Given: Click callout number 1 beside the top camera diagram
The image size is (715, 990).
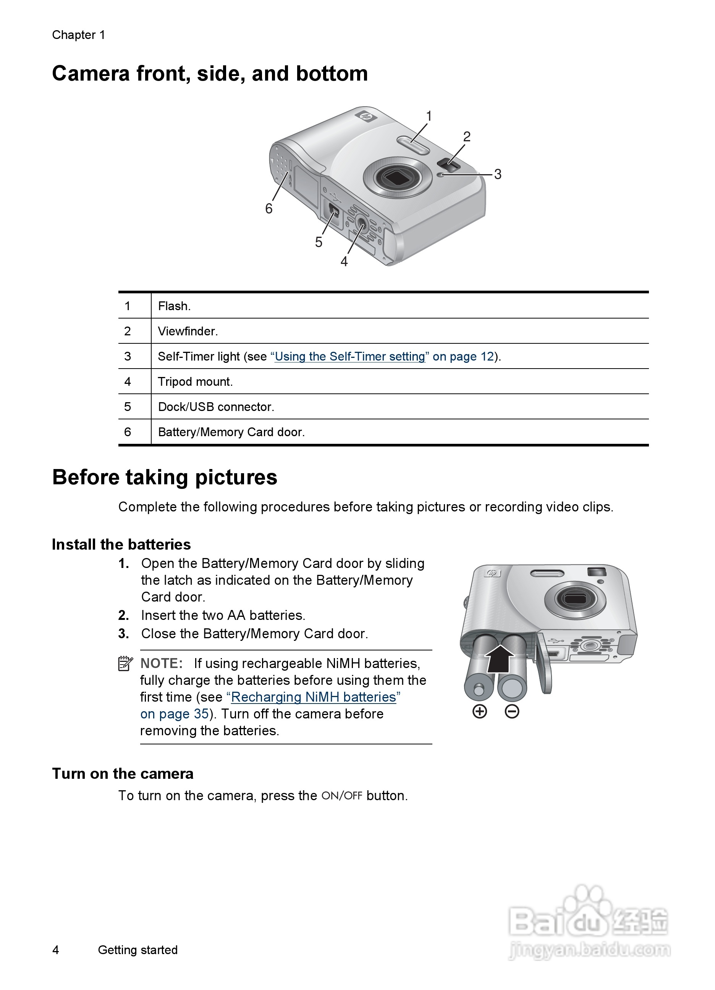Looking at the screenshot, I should (429, 116).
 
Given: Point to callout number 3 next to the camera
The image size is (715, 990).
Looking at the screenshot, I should (498, 174).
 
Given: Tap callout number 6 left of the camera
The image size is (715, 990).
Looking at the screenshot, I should (269, 209).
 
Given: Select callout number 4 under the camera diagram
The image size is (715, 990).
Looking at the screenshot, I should (344, 262).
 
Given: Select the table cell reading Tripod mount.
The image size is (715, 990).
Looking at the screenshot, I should (195, 382).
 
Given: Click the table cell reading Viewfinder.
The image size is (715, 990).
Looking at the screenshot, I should (188, 331).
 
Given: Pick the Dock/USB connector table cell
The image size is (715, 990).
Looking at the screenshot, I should (216, 407).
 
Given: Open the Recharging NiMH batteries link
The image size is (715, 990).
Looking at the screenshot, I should (314, 697).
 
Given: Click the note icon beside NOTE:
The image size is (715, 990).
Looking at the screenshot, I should (125, 663).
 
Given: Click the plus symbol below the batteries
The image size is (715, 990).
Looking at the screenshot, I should (480, 712).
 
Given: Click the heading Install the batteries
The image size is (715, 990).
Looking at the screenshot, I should (121, 544).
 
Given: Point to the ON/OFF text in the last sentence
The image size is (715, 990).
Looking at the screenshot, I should (342, 796).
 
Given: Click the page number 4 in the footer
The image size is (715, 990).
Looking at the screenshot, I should (56, 950).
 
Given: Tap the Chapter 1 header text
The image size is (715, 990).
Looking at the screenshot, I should (79, 35).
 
